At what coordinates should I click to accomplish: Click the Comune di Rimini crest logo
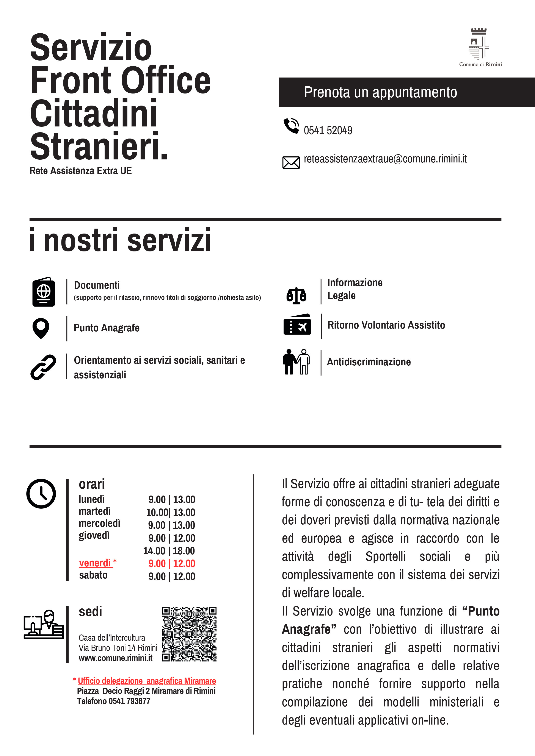[479, 44]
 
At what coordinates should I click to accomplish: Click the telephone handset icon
[291, 126]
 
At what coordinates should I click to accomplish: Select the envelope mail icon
[291, 163]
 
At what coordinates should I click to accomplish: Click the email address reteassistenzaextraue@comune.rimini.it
[385, 159]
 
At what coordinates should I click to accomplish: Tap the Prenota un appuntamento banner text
[380, 92]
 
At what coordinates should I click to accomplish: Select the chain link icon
[43, 367]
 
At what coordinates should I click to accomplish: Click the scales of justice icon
[296, 295]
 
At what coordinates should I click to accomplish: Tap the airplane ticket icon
[297, 325]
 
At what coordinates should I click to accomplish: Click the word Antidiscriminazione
[369, 362]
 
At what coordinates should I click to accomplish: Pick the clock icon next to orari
[41, 494]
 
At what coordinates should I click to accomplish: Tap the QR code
[189, 634]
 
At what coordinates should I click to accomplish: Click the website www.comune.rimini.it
[115, 658]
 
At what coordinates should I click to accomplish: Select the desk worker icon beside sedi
[44, 624]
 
